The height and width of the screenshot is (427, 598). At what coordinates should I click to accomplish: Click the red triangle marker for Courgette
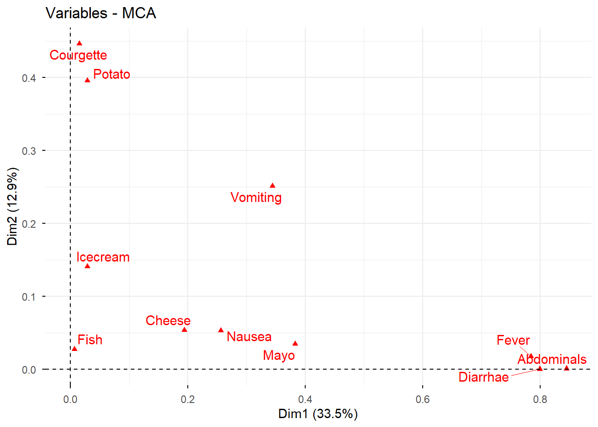(x=79, y=43)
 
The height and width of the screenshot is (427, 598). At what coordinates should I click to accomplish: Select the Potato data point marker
(x=88, y=80)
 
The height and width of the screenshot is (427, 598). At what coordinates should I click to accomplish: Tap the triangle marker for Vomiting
(x=272, y=185)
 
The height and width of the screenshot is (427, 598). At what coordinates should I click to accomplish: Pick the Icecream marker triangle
(x=87, y=266)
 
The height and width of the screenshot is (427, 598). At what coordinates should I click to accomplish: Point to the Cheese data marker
(x=184, y=330)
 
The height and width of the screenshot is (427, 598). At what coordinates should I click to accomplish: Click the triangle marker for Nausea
(x=221, y=330)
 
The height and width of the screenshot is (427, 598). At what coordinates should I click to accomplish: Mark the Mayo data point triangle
(x=295, y=343)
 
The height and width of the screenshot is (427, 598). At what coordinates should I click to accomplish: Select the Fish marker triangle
(x=74, y=348)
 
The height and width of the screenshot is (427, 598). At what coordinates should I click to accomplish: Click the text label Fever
(x=513, y=340)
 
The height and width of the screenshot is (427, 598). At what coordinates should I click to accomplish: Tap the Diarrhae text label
(x=483, y=377)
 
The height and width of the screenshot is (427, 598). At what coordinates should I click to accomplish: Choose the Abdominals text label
(x=552, y=359)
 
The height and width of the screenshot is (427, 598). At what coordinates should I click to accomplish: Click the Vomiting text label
(x=256, y=197)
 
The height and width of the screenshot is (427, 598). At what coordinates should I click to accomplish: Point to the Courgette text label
(x=78, y=55)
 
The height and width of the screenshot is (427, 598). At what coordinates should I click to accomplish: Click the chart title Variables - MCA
(x=101, y=13)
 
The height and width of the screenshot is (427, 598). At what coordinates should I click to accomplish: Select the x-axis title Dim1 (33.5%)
(x=318, y=414)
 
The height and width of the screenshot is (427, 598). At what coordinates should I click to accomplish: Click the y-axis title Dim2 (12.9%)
(x=12, y=206)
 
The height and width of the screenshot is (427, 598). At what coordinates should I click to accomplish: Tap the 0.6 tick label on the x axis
(x=423, y=399)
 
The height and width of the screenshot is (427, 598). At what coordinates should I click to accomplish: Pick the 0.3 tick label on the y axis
(x=28, y=151)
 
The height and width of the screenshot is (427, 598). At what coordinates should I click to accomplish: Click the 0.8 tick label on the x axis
(x=540, y=399)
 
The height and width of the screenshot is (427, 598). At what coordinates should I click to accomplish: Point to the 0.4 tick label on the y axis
(x=28, y=78)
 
